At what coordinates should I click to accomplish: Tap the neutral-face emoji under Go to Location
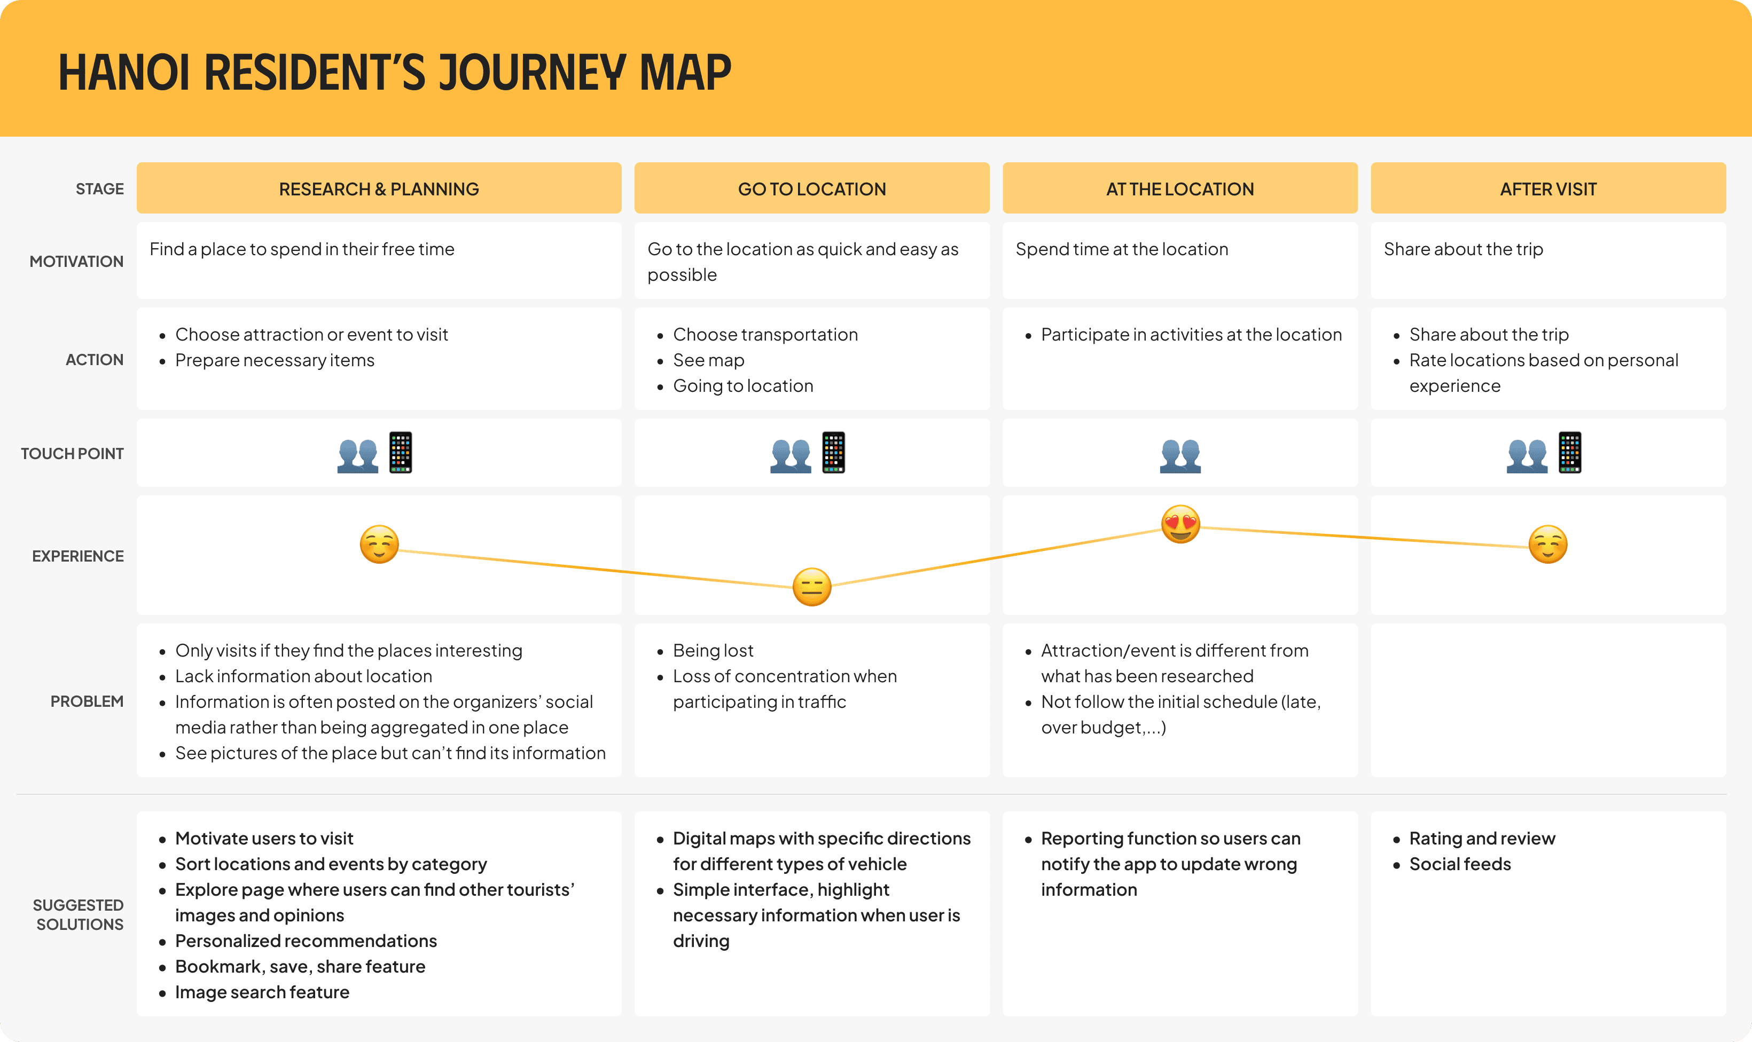pyautogui.click(x=811, y=586)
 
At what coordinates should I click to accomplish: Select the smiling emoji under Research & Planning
pyautogui.click(x=379, y=544)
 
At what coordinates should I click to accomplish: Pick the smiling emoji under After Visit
pyautogui.click(x=1547, y=544)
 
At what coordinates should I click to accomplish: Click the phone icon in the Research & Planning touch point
pyautogui.click(x=401, y=453)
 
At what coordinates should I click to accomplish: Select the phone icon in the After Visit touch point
pyautogui.click(x=1569, y=453)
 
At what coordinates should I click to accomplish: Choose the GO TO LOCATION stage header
pyautogui.click(x=811, y=189)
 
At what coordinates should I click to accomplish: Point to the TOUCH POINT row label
pyautogui.click(x=72, y=454)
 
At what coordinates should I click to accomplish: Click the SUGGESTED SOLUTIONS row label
pyautogui.click(x=79, y=914)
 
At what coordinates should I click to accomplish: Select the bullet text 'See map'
pyautogui.click(x=708, y=360)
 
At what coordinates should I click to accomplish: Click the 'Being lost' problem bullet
pyautogui.click(x=713, y=650)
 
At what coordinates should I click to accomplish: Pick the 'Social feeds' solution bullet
pyautogui.click(x=1459, y=864)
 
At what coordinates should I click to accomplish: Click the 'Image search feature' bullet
pyautogui.click(x=262, y=992)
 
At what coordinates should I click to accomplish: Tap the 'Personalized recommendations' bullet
pyautogui.click(x=306, y=941)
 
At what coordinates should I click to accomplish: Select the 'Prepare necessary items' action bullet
pyautogui.click(x=275, y=360)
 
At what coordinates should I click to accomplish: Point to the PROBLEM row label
pyautogui.click(x=87, y=701)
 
